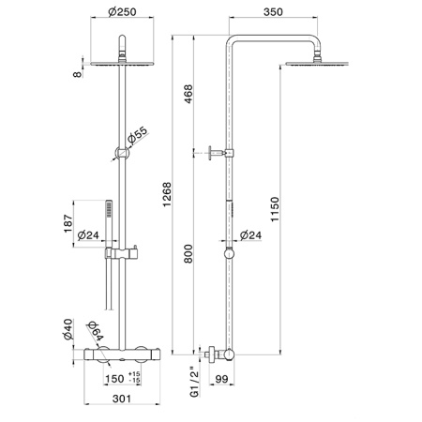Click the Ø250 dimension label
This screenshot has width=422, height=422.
pos(122,12)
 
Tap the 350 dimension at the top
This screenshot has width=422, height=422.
pos(273,12)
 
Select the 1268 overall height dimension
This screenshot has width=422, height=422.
pos(167,194)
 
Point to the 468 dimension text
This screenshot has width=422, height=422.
pos(188,94)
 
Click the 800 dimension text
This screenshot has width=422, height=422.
pos(188,254)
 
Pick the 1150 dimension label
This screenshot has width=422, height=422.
pos(275,209)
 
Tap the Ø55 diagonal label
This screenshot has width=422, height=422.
pos(137,135)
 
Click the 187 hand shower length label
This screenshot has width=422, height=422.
pos(68,223)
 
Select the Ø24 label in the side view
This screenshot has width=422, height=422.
pos(250,235)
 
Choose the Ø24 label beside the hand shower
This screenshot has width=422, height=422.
pos(88,235)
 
